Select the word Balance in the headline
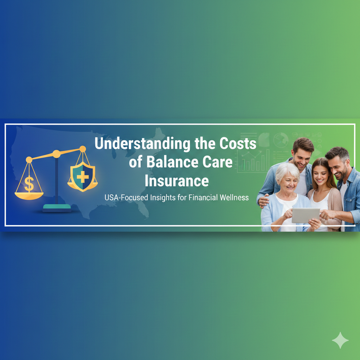click(172, 162)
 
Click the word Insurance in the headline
click(177, 181)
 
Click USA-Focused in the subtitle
click(126, 198)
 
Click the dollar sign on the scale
click(29, 184)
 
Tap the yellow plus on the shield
click(82, 177)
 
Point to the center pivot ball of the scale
click(57, 154)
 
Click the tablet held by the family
click(306, 216)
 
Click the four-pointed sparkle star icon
click(340, 340)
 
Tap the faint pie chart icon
click(281, 140)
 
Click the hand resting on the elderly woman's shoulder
click(263, 200)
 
